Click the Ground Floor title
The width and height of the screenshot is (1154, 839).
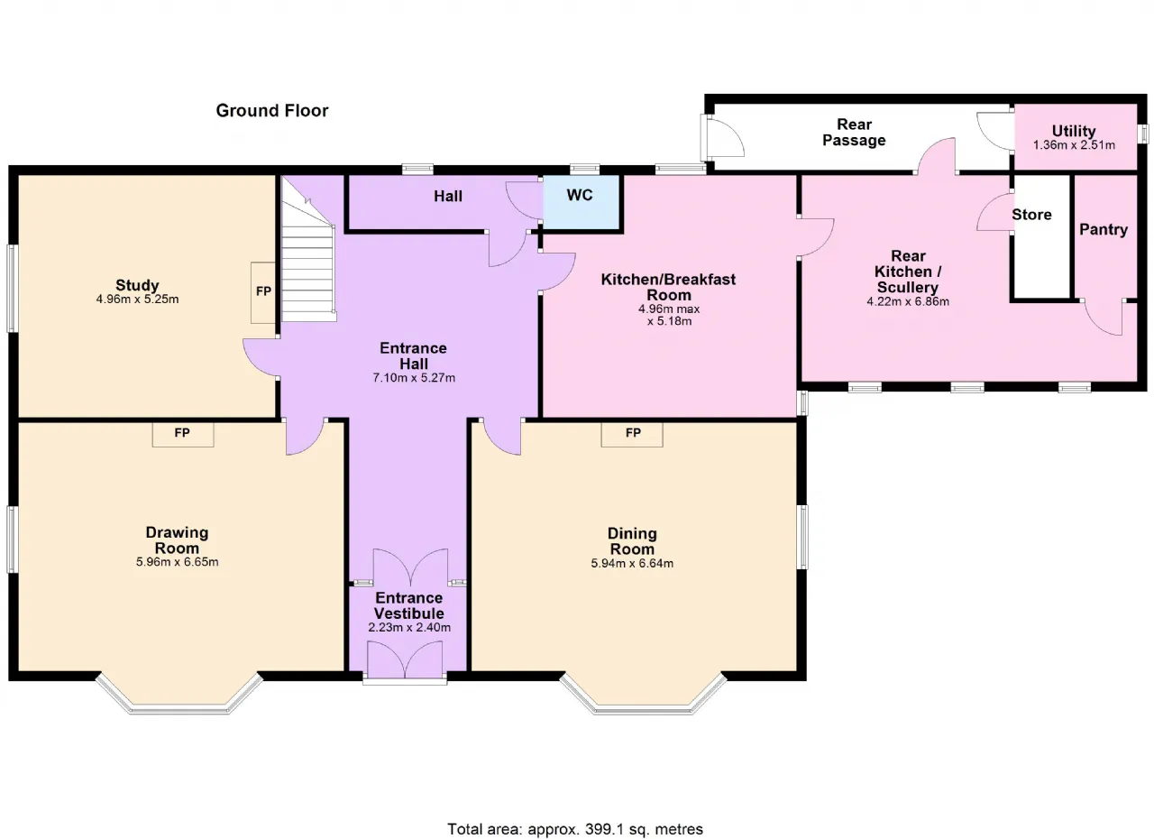pyautogui.click(x=272, y=111)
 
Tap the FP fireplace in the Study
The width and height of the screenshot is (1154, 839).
pyautogui.click(x=263, y=292)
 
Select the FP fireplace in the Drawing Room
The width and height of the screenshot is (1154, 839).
pyautogui.click(x=183, y=434)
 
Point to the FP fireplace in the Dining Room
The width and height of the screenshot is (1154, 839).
pyautogui.click(x=632, y=434)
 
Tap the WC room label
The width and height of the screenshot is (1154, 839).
pyautogui.click(x=580, y=195)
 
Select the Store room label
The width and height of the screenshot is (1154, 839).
pyautogui.click(x=1031, y=215)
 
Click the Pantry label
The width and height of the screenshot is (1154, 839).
pyautogui.click(x=1104, y=229)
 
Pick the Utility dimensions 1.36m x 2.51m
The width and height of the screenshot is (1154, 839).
pyautogui.click(x=1074, y=145)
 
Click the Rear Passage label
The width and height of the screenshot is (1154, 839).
pyautogui.click(x=854, y=132)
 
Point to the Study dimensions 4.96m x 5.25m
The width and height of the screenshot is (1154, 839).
pyautogui.click(x=138, y=299)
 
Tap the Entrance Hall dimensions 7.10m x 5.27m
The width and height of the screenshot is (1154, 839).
pyautogui.click(x=414, y=378)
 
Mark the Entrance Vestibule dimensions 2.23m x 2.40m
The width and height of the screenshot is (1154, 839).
pyautogui.click(x=409, y=628)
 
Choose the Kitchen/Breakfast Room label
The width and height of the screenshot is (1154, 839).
pyautogui.click(x=669, y=287)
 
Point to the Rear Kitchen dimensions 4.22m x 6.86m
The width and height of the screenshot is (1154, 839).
pyautogui.click(x=908, y=301)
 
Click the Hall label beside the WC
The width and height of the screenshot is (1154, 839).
pyautogui.click(x=448, y=196)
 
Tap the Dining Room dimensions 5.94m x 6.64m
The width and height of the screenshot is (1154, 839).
pyautogui.click(x=632, y=563)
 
